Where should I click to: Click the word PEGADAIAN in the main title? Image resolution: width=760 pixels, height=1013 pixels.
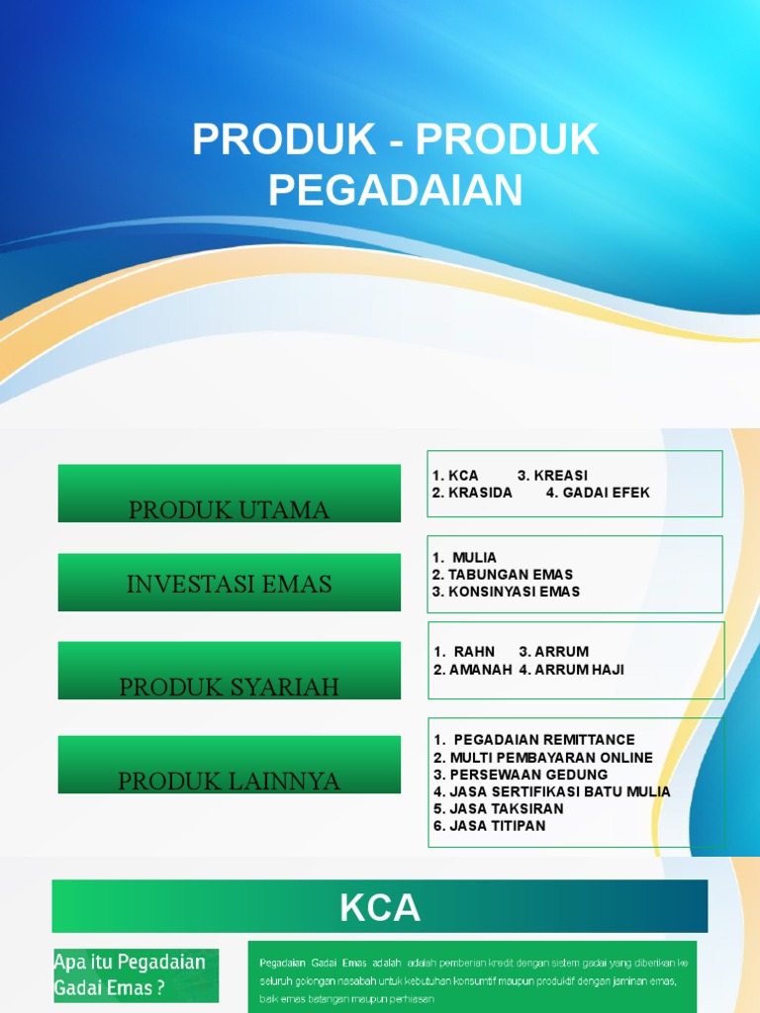(x=395, y=189)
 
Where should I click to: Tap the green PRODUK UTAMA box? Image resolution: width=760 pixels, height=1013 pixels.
(x=230, y=494)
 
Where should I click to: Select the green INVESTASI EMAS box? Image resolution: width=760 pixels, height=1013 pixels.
(x=230, y=583)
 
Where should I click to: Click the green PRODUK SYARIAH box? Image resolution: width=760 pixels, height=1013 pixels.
(x=230, y=671)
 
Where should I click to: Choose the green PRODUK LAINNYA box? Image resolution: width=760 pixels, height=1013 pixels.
(x=230, y=765)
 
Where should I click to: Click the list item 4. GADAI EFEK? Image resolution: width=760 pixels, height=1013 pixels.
(x=598, y=493)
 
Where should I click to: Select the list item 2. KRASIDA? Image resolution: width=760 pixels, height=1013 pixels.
(x=472, y=493)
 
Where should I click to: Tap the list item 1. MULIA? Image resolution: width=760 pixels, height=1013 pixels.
(x=465, y=557)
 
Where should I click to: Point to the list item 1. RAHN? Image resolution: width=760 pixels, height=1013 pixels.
(x=464, y=652)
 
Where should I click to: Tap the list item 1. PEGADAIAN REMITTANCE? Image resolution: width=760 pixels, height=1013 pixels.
(x=534, y=740)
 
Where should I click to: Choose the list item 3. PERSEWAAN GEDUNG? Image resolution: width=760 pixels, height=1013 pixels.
(x=521, y=775)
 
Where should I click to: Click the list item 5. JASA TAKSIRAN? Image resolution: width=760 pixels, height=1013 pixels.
(x=498, y=809)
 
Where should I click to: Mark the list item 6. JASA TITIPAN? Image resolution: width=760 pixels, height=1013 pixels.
(x=489, y=826)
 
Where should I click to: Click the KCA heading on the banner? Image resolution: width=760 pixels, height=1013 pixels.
(x=380, y=907)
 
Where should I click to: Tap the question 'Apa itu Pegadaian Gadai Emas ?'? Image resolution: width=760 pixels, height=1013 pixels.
(x=130, y=974)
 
